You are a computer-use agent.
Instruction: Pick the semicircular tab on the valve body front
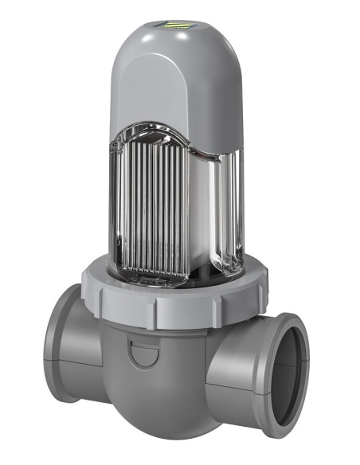coord(143,354)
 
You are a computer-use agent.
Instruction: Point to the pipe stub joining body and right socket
coord(231,358)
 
